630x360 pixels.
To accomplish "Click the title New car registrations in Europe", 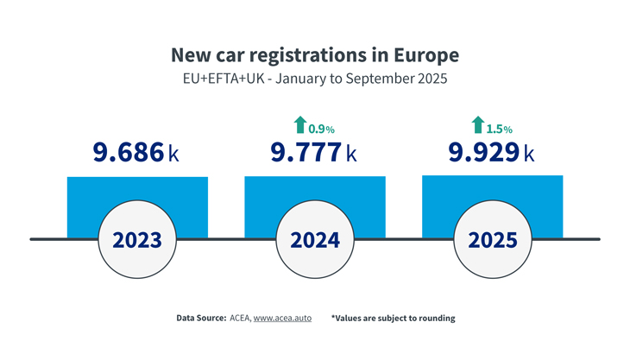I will pyautogui.click(x=314, y=55).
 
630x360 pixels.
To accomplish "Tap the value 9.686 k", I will pyautogui.click(x=135, y=153).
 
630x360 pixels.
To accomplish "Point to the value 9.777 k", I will pyautogui.click(x=313, y=153).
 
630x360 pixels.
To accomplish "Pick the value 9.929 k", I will pyautogui.click(x=491, y=153).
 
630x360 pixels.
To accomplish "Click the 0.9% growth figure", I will pyautogui.click(x=321, y=129).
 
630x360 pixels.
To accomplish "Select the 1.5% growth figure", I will pyautogui.click(x=500, y=129).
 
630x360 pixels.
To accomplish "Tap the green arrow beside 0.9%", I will pyautogui.click(x=299, y=125).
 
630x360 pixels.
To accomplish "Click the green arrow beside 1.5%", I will pyautogui.click(x=477, y=125).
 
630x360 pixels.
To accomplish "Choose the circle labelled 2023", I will pyautogui.click(x=136, y=239).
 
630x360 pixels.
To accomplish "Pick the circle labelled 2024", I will pyautogui.click(x=314, y=239).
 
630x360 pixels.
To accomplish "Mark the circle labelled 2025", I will pyautogui.click(x=492, y=239).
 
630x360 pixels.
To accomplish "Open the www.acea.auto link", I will pyautogui.click(x=285, y=318).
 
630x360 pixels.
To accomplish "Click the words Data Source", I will pyautogui.click(x=200, y=318).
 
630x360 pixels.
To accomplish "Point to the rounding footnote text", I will pyautogui.click(x=393, y=318).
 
